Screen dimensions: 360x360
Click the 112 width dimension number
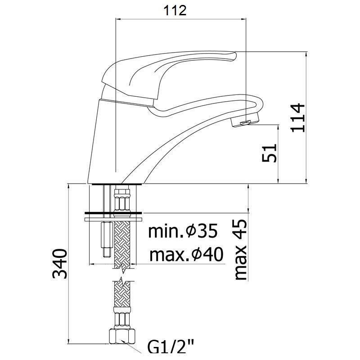pyautogui.click(x=175, y=10)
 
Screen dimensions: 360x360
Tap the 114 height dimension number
pyautogui.click(x=298, y=118)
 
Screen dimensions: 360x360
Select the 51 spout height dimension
pyautogui.click(x=269, y=153)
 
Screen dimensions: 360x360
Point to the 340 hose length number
pyautogui.click(x=59, y=263)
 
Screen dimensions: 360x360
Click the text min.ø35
pyautogui.click(x=183, y=231)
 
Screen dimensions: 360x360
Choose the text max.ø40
pyautogui.click(x=186, y=255)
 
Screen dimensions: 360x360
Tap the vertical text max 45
pyautogui.click(x=240, y=250)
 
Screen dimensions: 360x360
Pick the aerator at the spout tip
pyautogui.click(x=245, y=120)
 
